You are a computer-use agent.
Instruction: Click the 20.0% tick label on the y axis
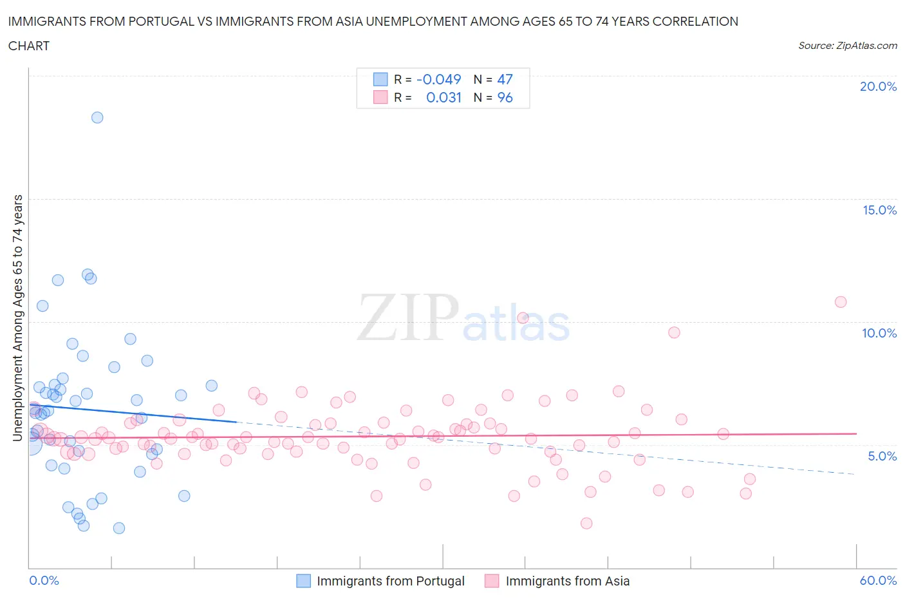coord(878,86)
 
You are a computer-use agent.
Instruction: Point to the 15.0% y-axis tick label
coord(879,210)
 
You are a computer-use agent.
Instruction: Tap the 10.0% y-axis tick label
coord(879,333)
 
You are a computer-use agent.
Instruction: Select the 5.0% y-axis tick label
coord(882,456)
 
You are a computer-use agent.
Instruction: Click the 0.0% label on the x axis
coord(44,580)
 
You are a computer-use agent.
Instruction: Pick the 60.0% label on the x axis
coord(878,580)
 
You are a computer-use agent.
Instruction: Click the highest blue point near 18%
coord(97,117)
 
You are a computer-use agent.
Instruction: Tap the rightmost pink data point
coord(840,301)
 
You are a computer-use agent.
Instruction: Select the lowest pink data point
coord(586,523)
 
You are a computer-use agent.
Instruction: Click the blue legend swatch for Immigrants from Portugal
coord(303,581)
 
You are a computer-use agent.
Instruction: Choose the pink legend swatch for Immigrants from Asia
coord(492,581)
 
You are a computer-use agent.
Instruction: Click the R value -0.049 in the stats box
coord(438,79)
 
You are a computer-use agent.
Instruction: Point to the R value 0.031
coord(443,97)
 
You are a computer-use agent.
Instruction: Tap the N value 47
coord(505,79)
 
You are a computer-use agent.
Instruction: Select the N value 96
coord(505,97)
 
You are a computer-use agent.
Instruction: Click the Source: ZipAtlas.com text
coord(847,46)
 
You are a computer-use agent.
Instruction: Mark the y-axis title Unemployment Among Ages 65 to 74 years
coord(17,318)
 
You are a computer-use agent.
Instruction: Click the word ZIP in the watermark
coord(407,317)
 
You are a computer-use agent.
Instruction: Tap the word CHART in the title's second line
coord(29,46)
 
